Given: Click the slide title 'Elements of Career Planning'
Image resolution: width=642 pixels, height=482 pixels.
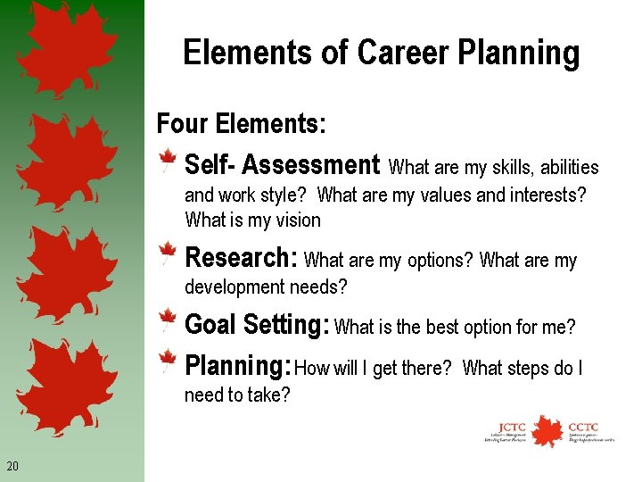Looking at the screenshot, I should coord(381,54).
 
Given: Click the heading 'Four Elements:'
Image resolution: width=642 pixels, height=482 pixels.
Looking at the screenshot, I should coord(241,123).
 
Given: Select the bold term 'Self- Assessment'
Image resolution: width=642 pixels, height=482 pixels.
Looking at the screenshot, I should coord(282,165).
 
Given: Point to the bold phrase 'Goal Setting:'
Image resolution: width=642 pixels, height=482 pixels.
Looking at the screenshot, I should coord(257,324).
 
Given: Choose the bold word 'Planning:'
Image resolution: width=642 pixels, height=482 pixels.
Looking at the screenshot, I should coord(238,366).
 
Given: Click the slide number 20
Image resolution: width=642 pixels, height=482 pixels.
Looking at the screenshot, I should coord(12,466).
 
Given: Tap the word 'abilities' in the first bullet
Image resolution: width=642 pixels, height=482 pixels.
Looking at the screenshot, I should coord(570,168).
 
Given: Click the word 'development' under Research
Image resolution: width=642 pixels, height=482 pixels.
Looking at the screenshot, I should coord(235,287).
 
